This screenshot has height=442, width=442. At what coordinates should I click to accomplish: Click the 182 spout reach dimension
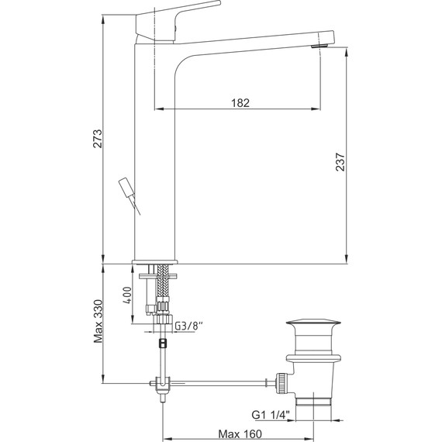240,103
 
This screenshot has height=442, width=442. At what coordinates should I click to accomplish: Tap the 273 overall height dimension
98,138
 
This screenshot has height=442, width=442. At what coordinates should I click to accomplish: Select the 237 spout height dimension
340,162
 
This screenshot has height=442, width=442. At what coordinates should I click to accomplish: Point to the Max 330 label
98,321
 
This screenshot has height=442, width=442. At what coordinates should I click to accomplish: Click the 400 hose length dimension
128,295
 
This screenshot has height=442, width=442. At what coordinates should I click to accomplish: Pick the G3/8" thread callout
189,326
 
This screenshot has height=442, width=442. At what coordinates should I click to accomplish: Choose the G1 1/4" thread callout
271,415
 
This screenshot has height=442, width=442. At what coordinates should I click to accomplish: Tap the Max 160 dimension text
240,433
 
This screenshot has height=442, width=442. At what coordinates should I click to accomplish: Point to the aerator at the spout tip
319,46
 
